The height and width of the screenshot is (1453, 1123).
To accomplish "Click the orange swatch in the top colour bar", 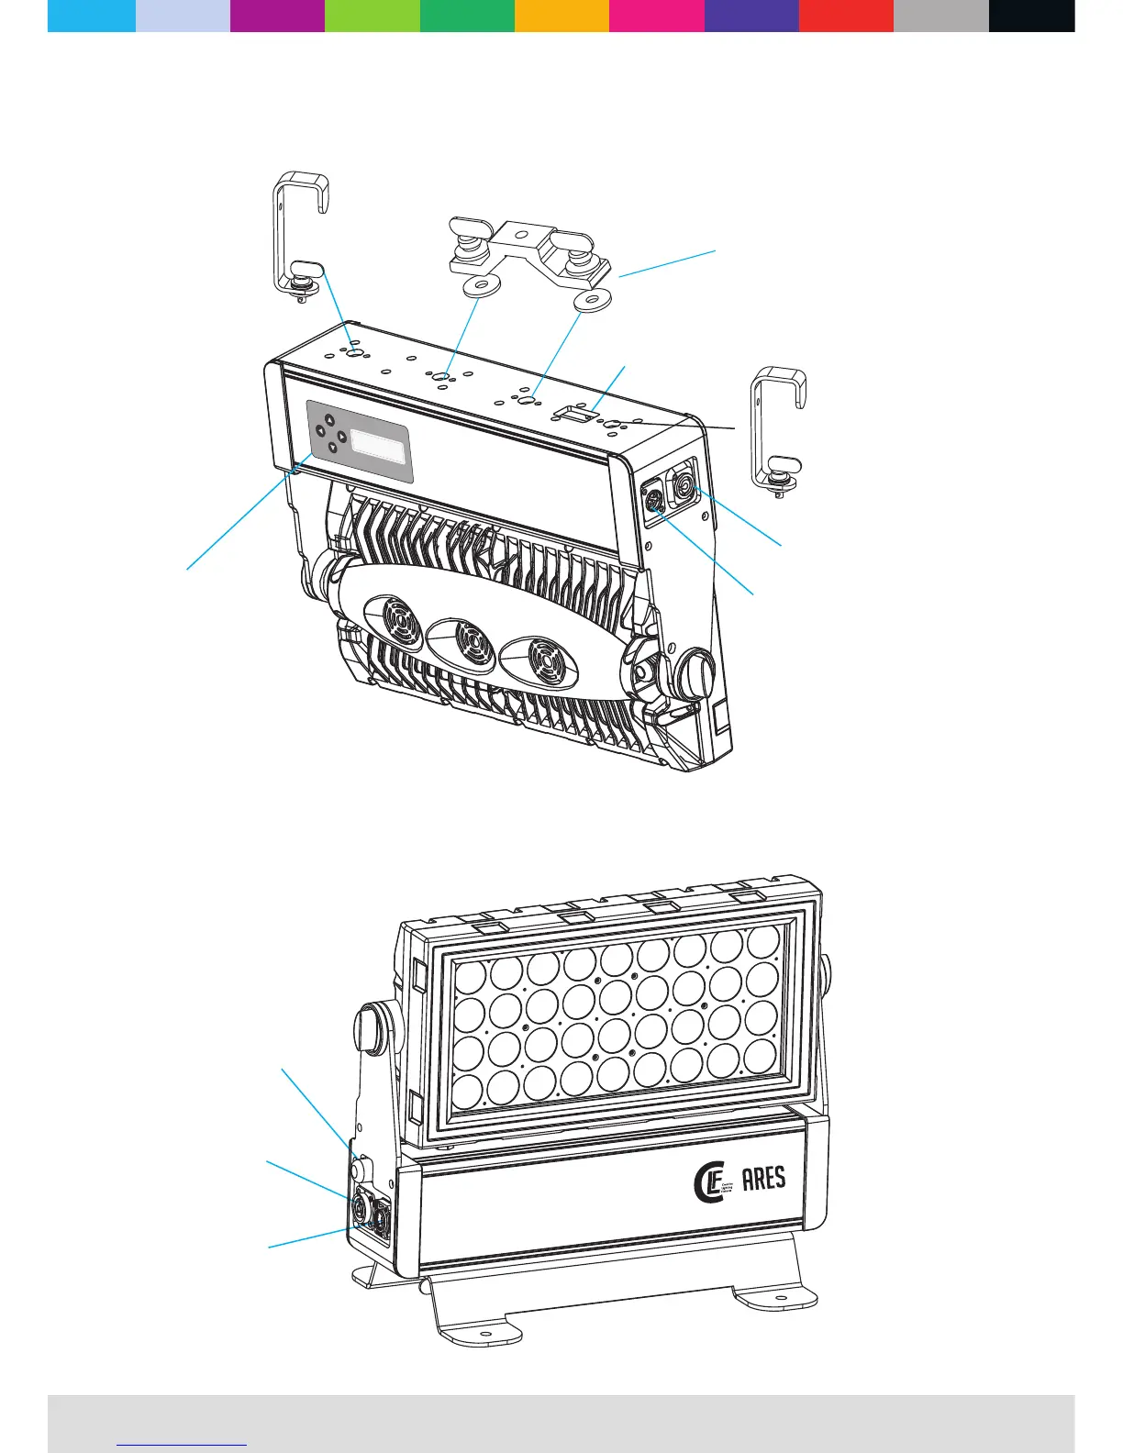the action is (x=561, y=16).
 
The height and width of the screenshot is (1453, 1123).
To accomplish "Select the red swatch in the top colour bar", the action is (x=846, y=16).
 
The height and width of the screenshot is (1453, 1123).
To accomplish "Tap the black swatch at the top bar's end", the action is (x=1031, y=16).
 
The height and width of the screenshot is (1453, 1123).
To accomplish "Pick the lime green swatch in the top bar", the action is (x=372, y=16).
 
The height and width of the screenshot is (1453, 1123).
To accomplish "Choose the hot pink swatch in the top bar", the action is (x=656, y=16).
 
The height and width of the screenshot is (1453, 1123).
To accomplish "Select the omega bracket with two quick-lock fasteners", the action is (x=528, y=256).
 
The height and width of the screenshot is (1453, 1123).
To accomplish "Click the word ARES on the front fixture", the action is (x=763, y=1178).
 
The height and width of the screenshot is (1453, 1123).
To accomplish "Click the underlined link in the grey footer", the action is (x=183, y=1443).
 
